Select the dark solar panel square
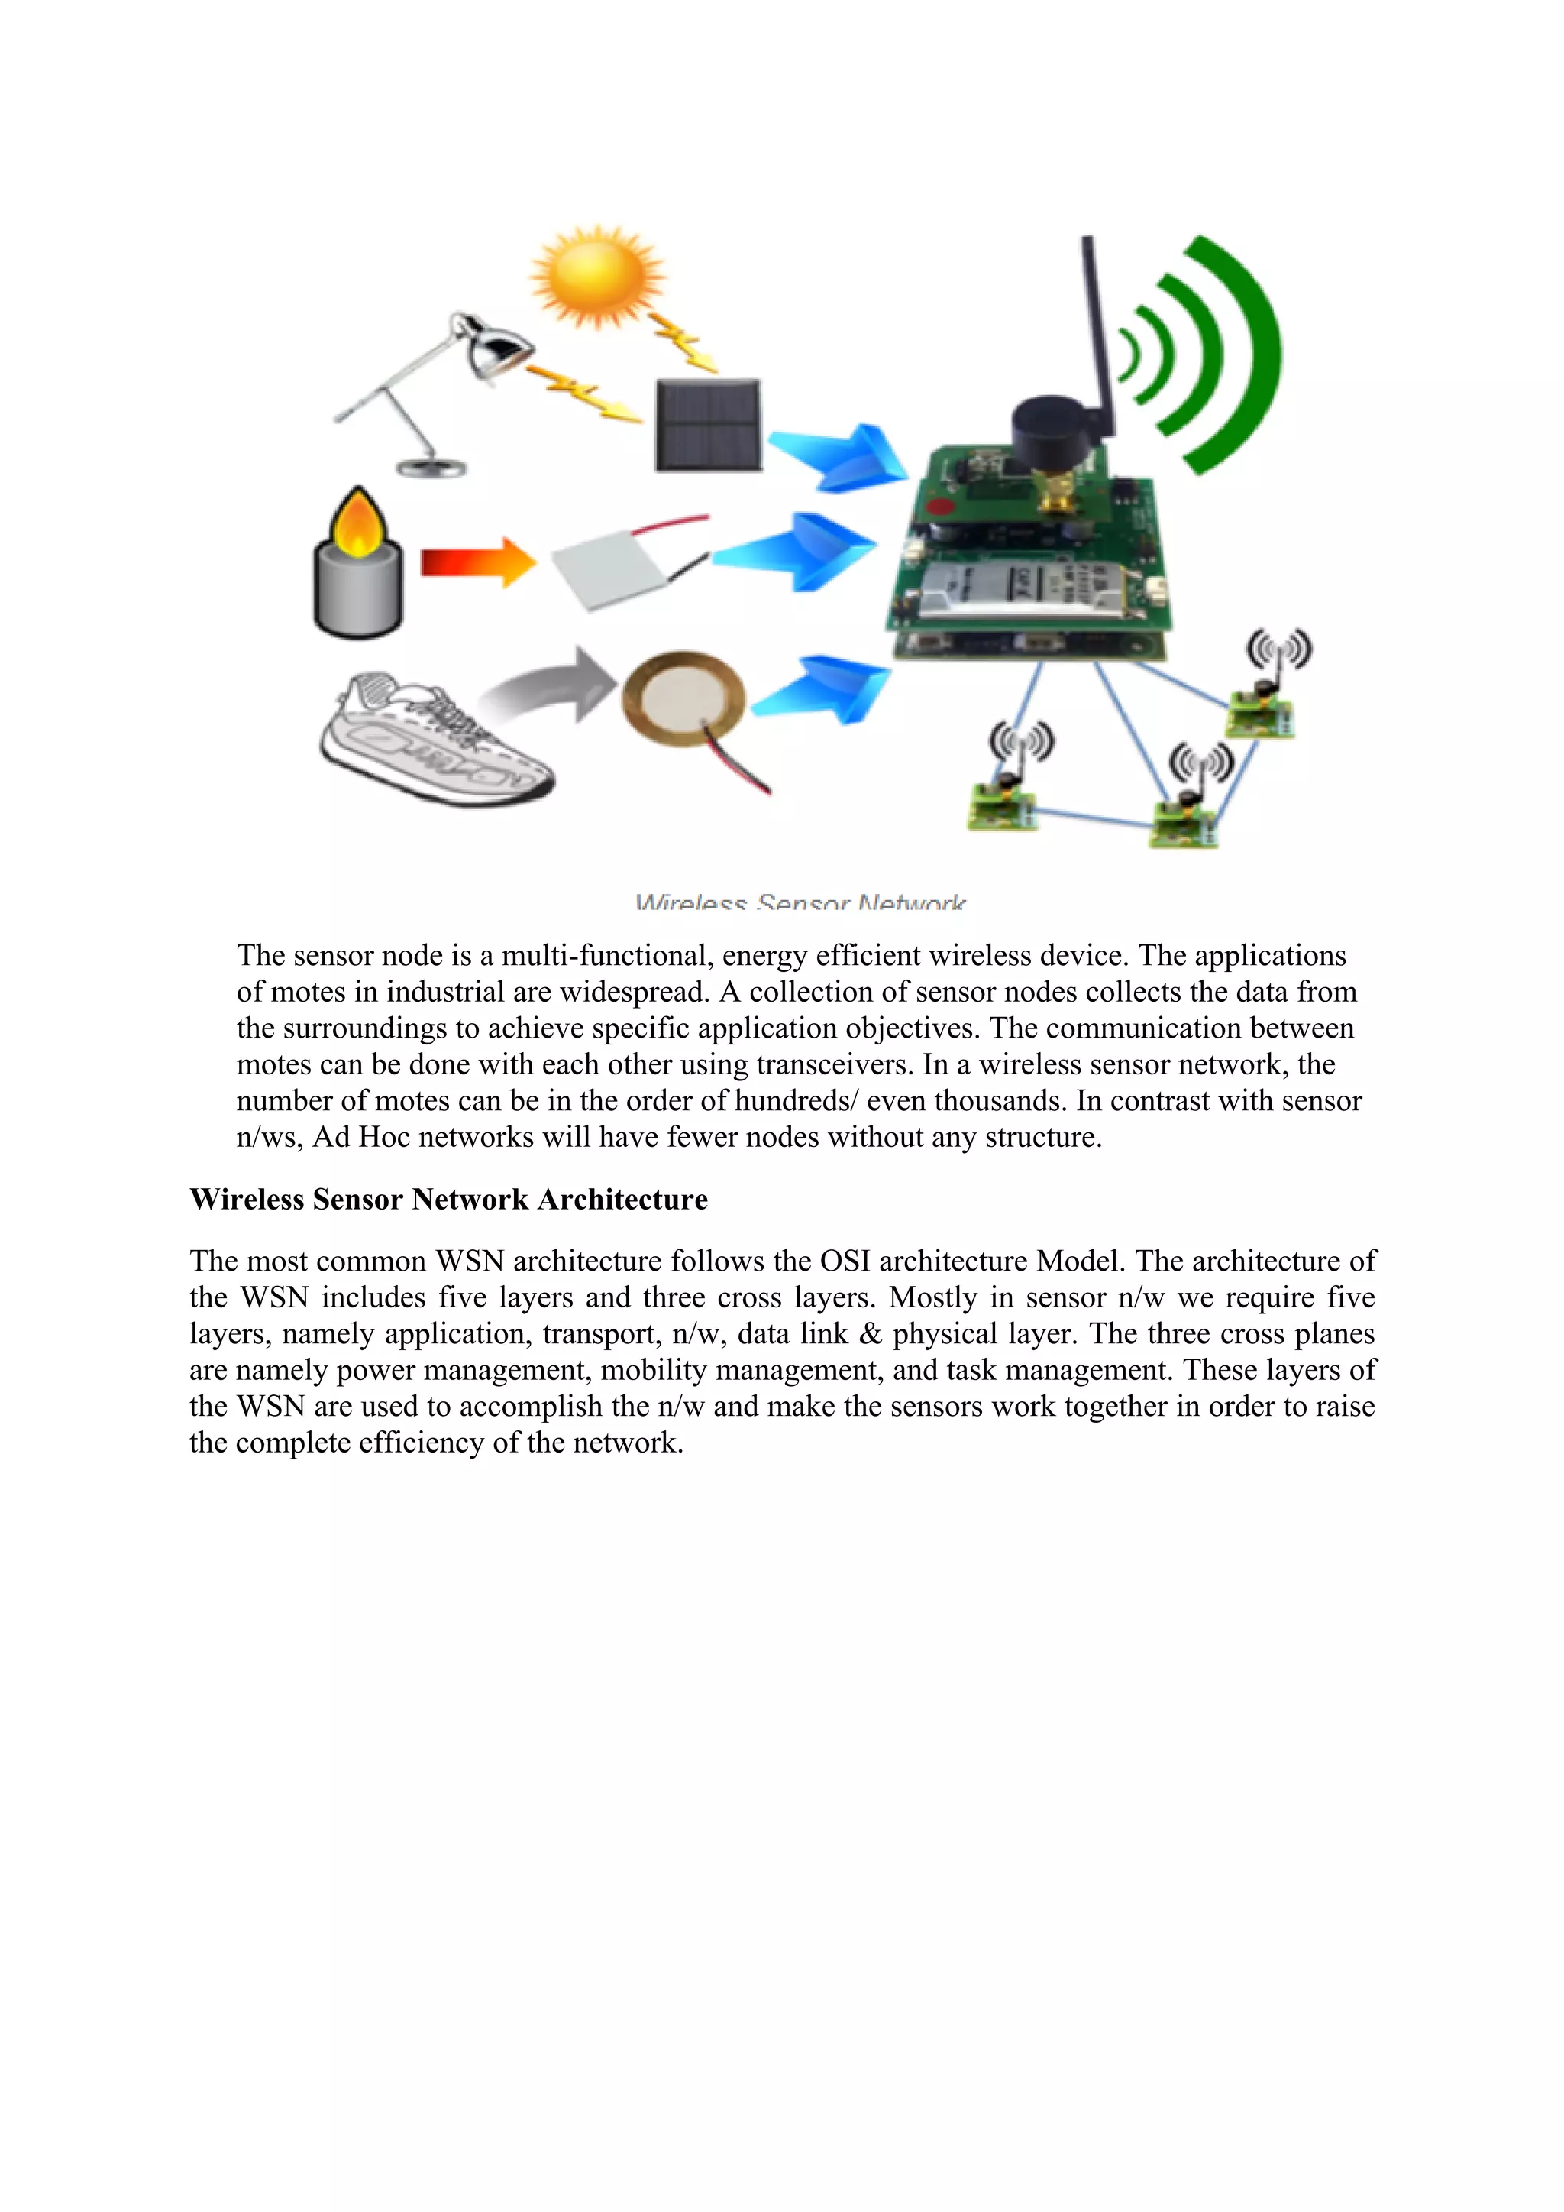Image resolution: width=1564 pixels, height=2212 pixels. click(x=709, y=424)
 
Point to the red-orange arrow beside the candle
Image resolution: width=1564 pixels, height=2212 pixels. click(x=477, y=562)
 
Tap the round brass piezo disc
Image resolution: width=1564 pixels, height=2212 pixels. click(x=683, y=702)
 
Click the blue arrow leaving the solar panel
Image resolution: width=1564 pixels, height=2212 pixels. click(x=838, y=457)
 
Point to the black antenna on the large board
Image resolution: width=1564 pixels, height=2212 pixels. click(x=1096, y=328)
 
